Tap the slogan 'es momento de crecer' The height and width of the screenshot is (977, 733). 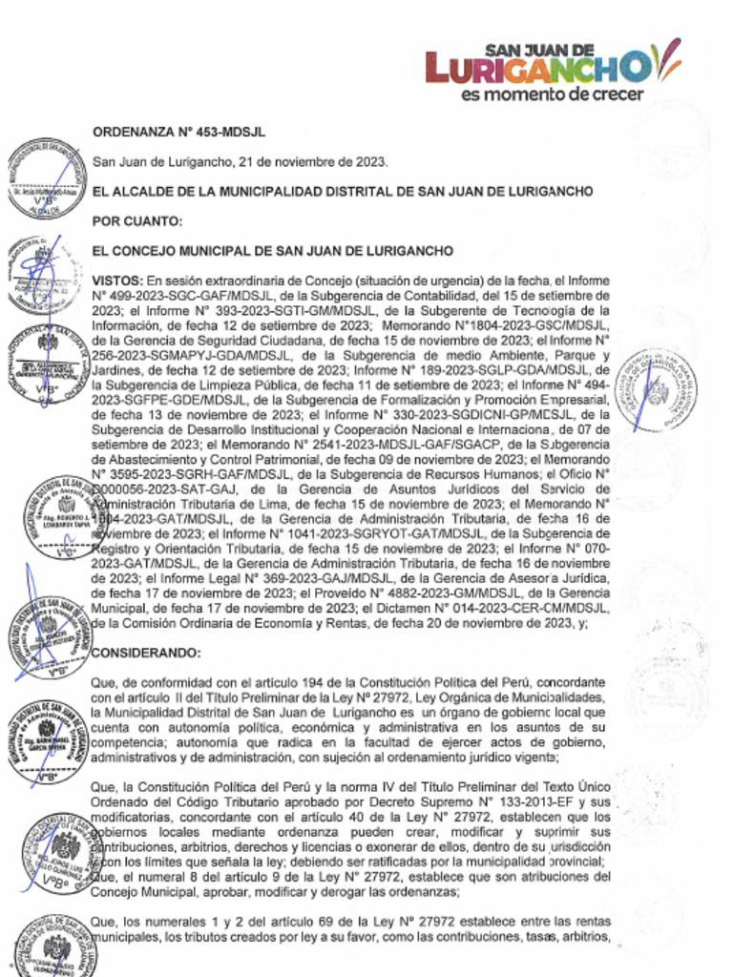(552, 94)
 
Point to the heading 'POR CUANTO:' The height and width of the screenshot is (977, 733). (136, 221)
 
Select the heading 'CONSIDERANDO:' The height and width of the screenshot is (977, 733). (145, 653)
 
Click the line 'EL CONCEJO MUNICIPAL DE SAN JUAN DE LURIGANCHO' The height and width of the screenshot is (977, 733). (271, 251)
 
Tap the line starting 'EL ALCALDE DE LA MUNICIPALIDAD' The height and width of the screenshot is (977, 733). (342, 192)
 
